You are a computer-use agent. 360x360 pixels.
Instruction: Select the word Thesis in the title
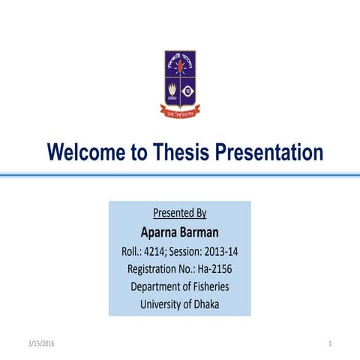pyautogui.click(x=180, y=153)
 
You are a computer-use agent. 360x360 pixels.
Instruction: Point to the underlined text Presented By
pyautogui.click(x=180, y=213)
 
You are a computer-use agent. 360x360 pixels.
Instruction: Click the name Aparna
pyautogui.click(x=160, y=231)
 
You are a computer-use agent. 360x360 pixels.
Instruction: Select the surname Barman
pyautogui.click(x=201, y=231)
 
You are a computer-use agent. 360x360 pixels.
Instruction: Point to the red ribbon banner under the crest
pyautogui.click(x=180, y=113)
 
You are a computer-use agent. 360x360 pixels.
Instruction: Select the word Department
pyautogui.click(x=157, y=286)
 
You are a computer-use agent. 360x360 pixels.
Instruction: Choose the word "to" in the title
pyautogui.click(x=139, y=154)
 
